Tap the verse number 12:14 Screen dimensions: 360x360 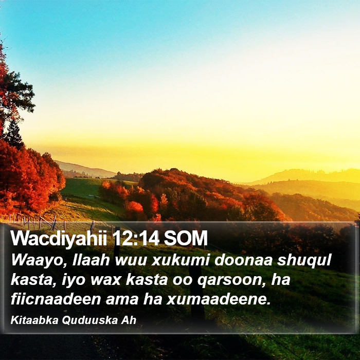[x=136, y=238]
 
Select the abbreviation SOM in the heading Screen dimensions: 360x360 [x=186, y=238]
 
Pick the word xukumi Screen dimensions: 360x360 [x=181, y=260]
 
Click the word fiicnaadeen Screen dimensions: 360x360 [x=56, y=299]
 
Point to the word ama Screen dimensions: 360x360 [x=122, y=300]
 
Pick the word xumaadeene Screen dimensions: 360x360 [x=219, y=299]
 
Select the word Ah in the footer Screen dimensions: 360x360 [x=129, y=320]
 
